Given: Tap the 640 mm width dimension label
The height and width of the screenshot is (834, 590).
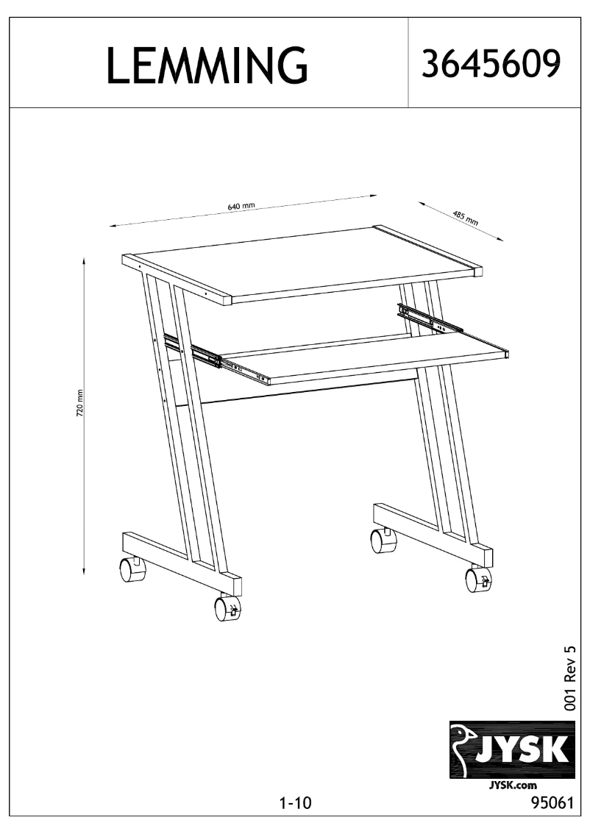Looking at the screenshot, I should pyautogui.click(x=241, y=207).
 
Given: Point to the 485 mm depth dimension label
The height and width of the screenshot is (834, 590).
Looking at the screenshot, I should pyautogui.click(x=464, y=217).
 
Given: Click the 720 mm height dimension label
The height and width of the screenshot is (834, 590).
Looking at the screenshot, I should pyautogui.click(x=80, y=403).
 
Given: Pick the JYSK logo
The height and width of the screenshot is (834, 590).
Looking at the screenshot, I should pyautogui.click(x=511, y=749).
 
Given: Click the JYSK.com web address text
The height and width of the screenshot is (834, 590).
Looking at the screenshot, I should pyautogui.click(x=511, y=786).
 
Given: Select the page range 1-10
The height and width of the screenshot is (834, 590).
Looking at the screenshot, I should pyautogui.click(x=296, y=804).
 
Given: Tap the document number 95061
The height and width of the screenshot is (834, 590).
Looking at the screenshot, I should pyautogui.click(x=551, y=804).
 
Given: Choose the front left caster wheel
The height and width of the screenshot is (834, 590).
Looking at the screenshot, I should pyautogui.click(x=227, y=608).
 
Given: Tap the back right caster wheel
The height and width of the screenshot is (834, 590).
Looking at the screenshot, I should pyautogui.click(x=383, y=541).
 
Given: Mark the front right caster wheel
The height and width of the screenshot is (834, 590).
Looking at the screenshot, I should pyautogui.click(x=477, y=580).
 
